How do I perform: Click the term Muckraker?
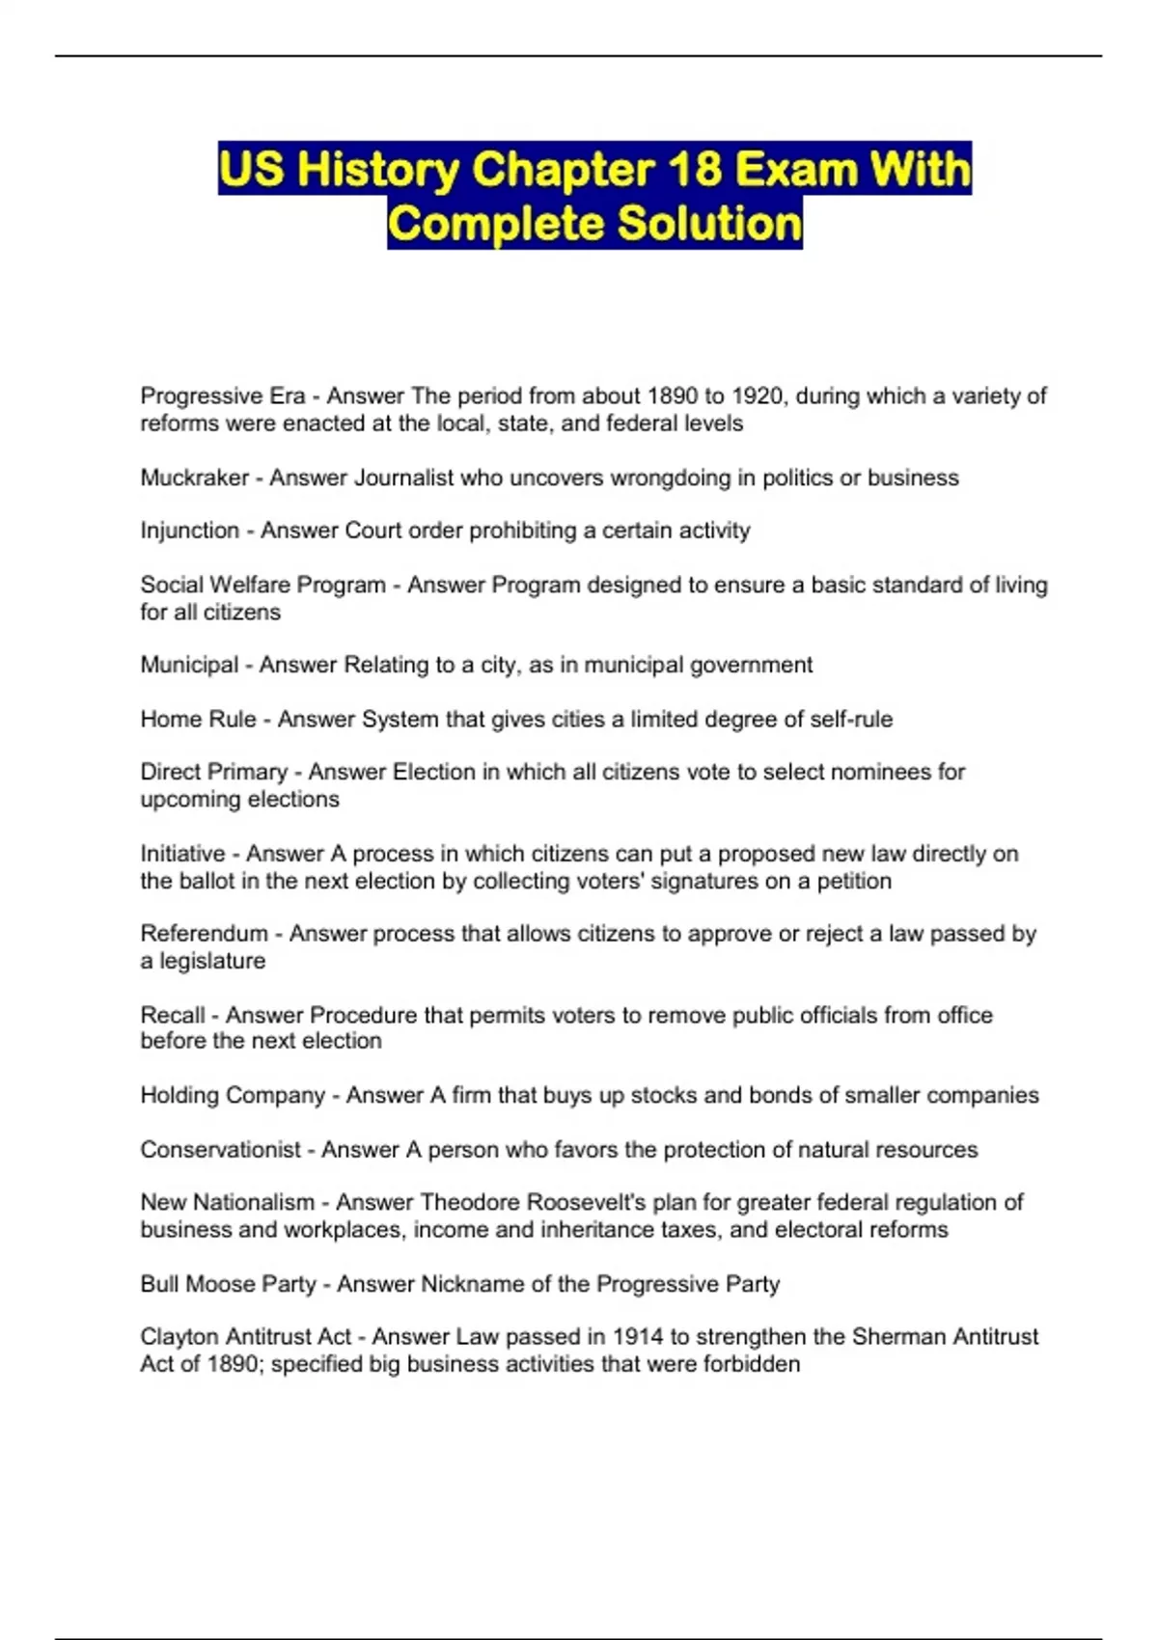point(194,478)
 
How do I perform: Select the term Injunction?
point(189,531)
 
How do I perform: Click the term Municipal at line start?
point(189,665)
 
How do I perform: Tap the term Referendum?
point(204,934)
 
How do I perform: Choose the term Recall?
point(172,1015)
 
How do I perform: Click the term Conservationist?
point(220,1150)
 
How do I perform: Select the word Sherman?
point(897,1337)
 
